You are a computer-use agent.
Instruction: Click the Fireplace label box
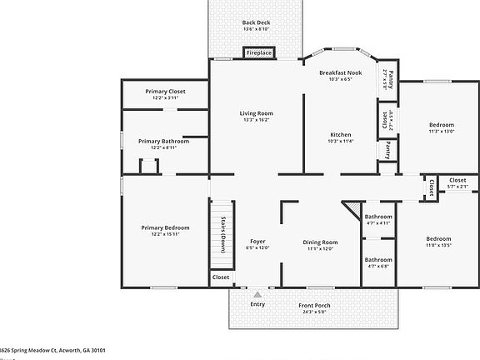pos(258,53)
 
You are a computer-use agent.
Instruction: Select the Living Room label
pos(256,113)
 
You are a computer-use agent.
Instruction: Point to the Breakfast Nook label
pos(340,73)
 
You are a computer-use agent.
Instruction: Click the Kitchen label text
pos(340,135)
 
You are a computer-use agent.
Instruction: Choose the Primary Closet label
pos(165,91)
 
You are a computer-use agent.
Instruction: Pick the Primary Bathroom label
pos(163,142)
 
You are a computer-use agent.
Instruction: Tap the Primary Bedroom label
pos(165,227)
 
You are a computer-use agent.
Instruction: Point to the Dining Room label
pos(320,242)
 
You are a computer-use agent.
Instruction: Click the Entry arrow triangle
pos(258,294)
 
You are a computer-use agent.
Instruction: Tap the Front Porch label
pos(314,306)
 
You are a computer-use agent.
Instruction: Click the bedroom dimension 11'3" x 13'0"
pos(441,131)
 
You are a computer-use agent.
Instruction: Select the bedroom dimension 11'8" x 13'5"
pos(438,245)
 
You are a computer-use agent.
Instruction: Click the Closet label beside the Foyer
pos(221,277)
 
